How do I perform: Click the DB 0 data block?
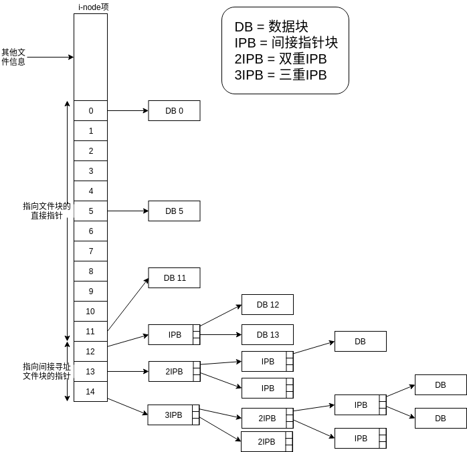click(x=174, y=111)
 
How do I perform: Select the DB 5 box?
click(x=174, y=211)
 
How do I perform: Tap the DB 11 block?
click(x=175, y=278)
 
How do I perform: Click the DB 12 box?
click(x=268, y=305)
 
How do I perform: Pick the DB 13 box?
click(x=268, y=335)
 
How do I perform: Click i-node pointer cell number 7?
click(x=91, y=251)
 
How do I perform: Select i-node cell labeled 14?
click(x=91, y=392)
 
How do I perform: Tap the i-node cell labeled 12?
click(x=91, y=352)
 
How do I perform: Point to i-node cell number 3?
click(x=91, y=171)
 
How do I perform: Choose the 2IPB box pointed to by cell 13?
click(x=171, y=371)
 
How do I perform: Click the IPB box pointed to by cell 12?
click(x=171, y=334)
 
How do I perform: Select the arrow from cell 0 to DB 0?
click(x=127, y=111)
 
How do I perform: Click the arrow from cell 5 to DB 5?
click(x=127, y=211)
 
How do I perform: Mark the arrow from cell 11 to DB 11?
click(x=127, y=304)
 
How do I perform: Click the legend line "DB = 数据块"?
click(x=271, y=27)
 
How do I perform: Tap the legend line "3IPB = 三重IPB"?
click(x=280, y=75)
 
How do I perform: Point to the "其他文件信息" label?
click(x=13, y=57)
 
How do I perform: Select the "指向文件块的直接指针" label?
click(x=46, y=211)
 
